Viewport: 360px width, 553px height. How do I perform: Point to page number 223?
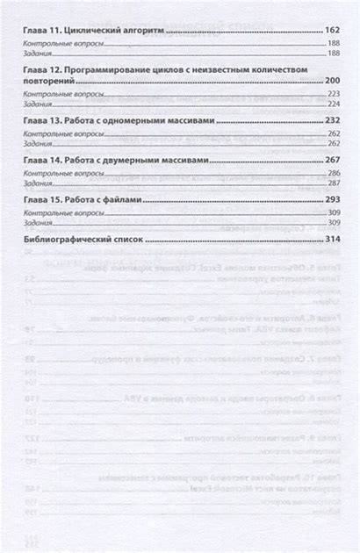pyautogui.click(x=332, y=92)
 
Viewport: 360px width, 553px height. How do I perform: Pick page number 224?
pyautogui.click(x=332, y=102)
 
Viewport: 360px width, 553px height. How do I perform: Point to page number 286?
pyautogui.click(x=332, y=174)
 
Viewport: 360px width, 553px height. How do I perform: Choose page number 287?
pyautogui.click(x=332, y=183)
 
